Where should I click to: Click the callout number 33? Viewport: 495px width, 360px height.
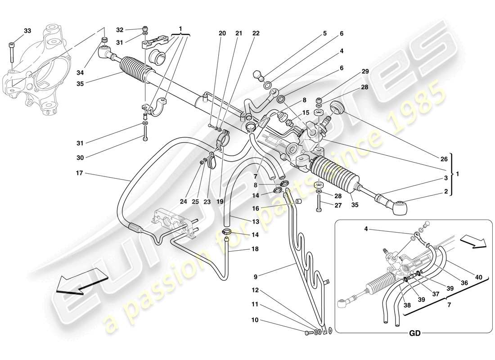[27, 31]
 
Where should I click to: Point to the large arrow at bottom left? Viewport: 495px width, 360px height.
[81, 281]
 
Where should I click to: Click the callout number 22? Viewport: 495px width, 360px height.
[256, 33]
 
